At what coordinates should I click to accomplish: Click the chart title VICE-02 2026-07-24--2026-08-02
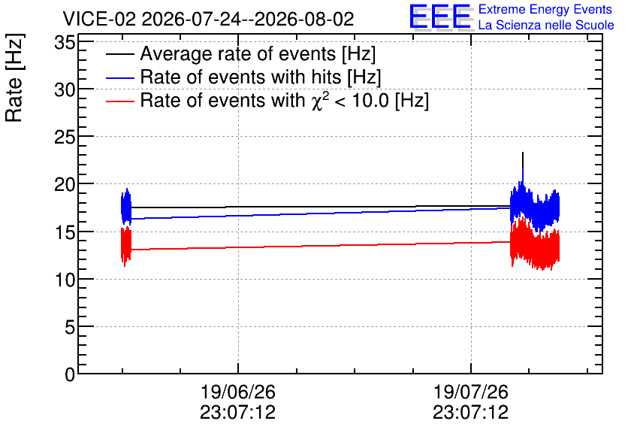[208, 19]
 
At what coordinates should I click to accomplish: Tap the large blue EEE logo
[439, 17]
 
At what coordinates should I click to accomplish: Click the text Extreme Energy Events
[545, 9]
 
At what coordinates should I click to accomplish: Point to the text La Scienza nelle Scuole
[546, 25]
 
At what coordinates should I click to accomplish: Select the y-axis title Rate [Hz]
[14, 77]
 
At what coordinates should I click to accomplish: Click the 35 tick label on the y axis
[65, 42]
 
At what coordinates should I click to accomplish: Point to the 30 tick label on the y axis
[65, 89]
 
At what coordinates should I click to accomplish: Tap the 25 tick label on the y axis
[65, 138]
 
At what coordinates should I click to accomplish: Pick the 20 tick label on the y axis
[65, 185]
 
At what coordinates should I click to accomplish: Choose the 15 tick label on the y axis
[65, 232]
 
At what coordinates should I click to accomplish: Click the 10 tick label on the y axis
[65, 280]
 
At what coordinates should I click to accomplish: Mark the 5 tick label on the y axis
[70, 328]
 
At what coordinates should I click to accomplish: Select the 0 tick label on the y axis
[70, 375]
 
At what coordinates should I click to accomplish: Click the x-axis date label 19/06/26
[238, 392]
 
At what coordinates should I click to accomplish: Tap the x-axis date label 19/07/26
[470, 392]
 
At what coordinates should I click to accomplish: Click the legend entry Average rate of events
[240, 53]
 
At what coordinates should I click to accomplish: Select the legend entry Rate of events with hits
[243, 77]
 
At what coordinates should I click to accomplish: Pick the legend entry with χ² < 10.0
[267, 100]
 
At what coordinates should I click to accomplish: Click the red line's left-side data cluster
[125, 246]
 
